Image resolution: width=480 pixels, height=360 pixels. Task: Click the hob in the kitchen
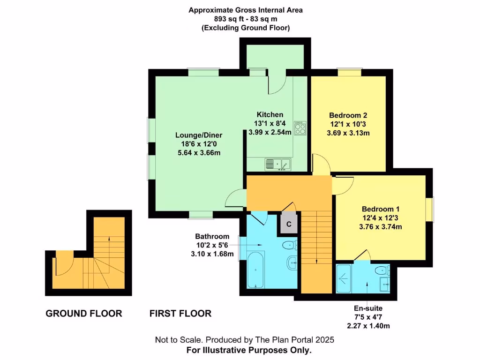click(x=300, y=128)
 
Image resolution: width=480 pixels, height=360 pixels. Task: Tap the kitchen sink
click(x=278, y=164)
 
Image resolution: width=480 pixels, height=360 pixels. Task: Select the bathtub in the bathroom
click(x=255, y=270)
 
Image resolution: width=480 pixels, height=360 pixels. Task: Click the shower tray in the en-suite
click(x=348, y=278)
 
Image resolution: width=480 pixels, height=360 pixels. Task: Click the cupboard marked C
click(x=289, y=224)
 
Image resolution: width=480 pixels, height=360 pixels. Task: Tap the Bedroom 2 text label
click(x=348, y=115)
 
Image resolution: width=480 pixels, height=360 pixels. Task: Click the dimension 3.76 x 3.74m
click(x=380, y=226)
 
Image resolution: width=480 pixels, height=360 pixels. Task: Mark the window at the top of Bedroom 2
click(x=350, y=72)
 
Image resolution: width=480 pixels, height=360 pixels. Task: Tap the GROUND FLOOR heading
click(x=84, y=314)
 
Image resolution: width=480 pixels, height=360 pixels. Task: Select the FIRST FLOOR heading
click(x=180, y=314)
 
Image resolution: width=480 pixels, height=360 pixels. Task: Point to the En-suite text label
click(x=368, y=308)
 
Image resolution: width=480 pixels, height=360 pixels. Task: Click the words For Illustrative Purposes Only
click(x=249, y=350)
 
